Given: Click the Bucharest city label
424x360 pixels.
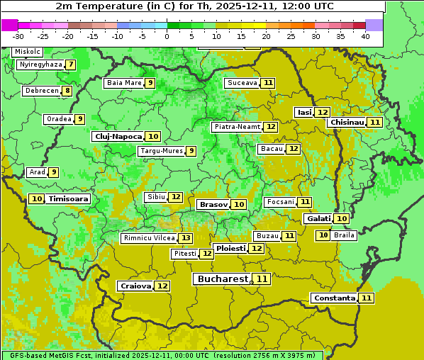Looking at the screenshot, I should (223, 279).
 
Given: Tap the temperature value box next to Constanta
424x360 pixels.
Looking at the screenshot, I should (367, 298).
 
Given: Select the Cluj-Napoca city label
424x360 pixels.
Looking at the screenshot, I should (118, 136).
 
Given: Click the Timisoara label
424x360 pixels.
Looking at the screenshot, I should (69, 199).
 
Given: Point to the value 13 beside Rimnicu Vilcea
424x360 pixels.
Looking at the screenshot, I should (185, 238).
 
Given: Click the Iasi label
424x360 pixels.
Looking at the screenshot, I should (303, 112).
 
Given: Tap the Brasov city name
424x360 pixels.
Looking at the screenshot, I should (213, 204).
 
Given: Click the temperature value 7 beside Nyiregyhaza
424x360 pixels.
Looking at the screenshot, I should (71, 64).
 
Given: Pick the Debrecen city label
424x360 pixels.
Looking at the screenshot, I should (40, 91).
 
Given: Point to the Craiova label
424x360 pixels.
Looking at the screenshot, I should (135, 286).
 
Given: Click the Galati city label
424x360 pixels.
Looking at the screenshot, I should (318, 219).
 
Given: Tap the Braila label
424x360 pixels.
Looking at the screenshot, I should (344, 235).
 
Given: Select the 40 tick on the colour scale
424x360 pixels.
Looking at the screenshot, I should (364, 35).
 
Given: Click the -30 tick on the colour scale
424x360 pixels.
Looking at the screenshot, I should (18, 35).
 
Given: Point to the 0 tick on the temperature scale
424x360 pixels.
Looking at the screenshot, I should (167, 35).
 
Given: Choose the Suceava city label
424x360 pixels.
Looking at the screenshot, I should (242, 83).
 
